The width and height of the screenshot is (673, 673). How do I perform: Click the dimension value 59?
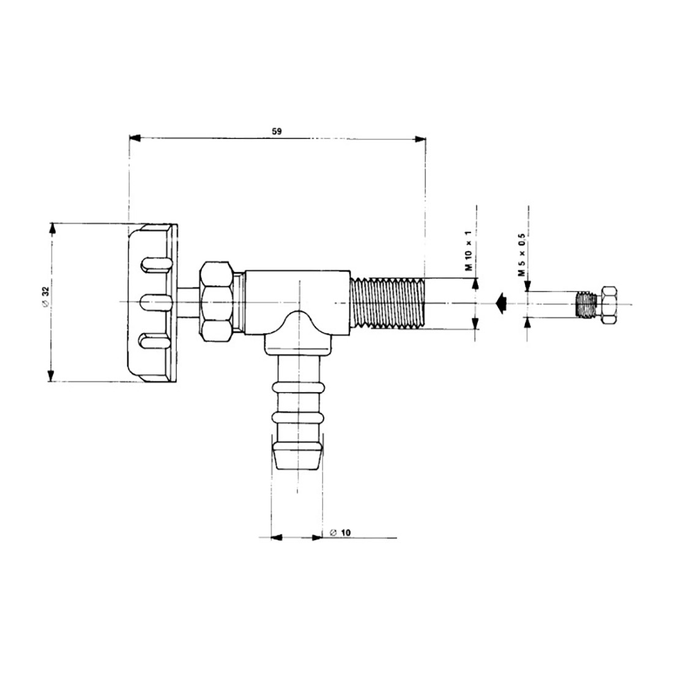click(277, 132)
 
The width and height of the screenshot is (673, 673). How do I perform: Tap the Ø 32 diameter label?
click(46, 297)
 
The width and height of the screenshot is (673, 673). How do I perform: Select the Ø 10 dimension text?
click(340, 533)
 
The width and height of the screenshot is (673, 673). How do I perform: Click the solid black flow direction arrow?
click(501, 303)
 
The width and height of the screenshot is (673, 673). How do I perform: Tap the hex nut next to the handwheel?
click(217, 302)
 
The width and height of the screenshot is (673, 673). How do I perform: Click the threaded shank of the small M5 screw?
click(586, 304)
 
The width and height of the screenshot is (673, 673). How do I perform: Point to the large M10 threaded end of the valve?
click(387, 303)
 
